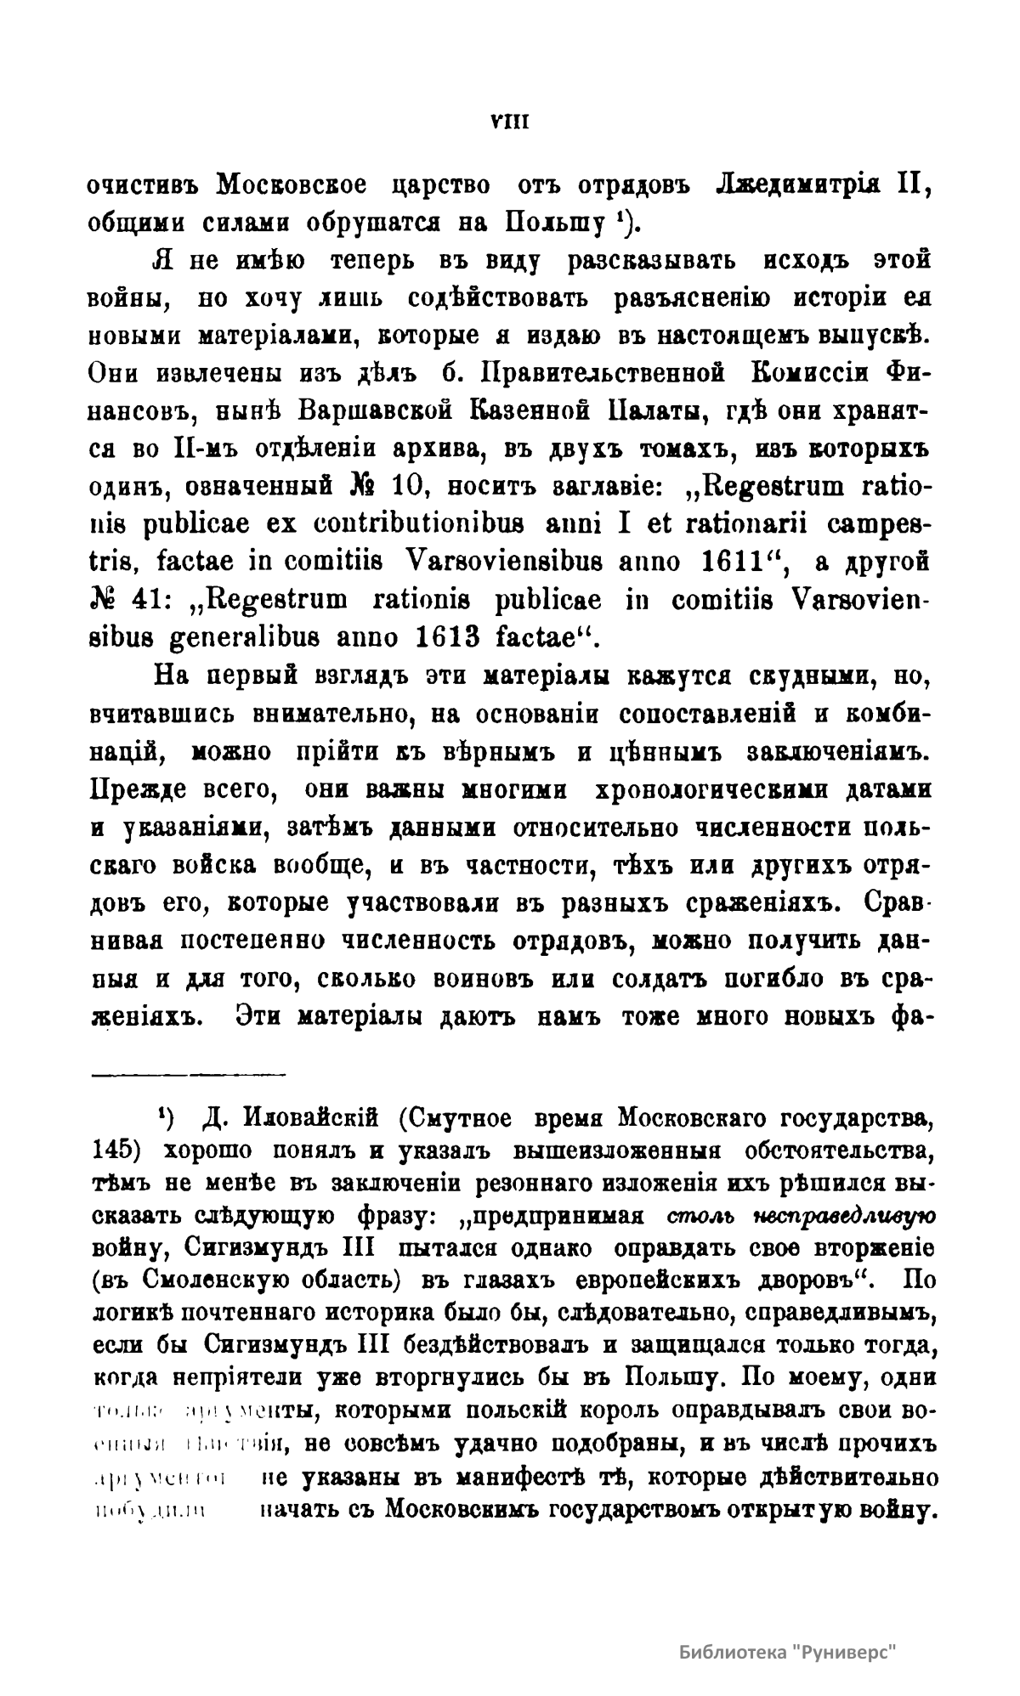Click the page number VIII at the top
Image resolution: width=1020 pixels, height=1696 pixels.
(x=510, y=122)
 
